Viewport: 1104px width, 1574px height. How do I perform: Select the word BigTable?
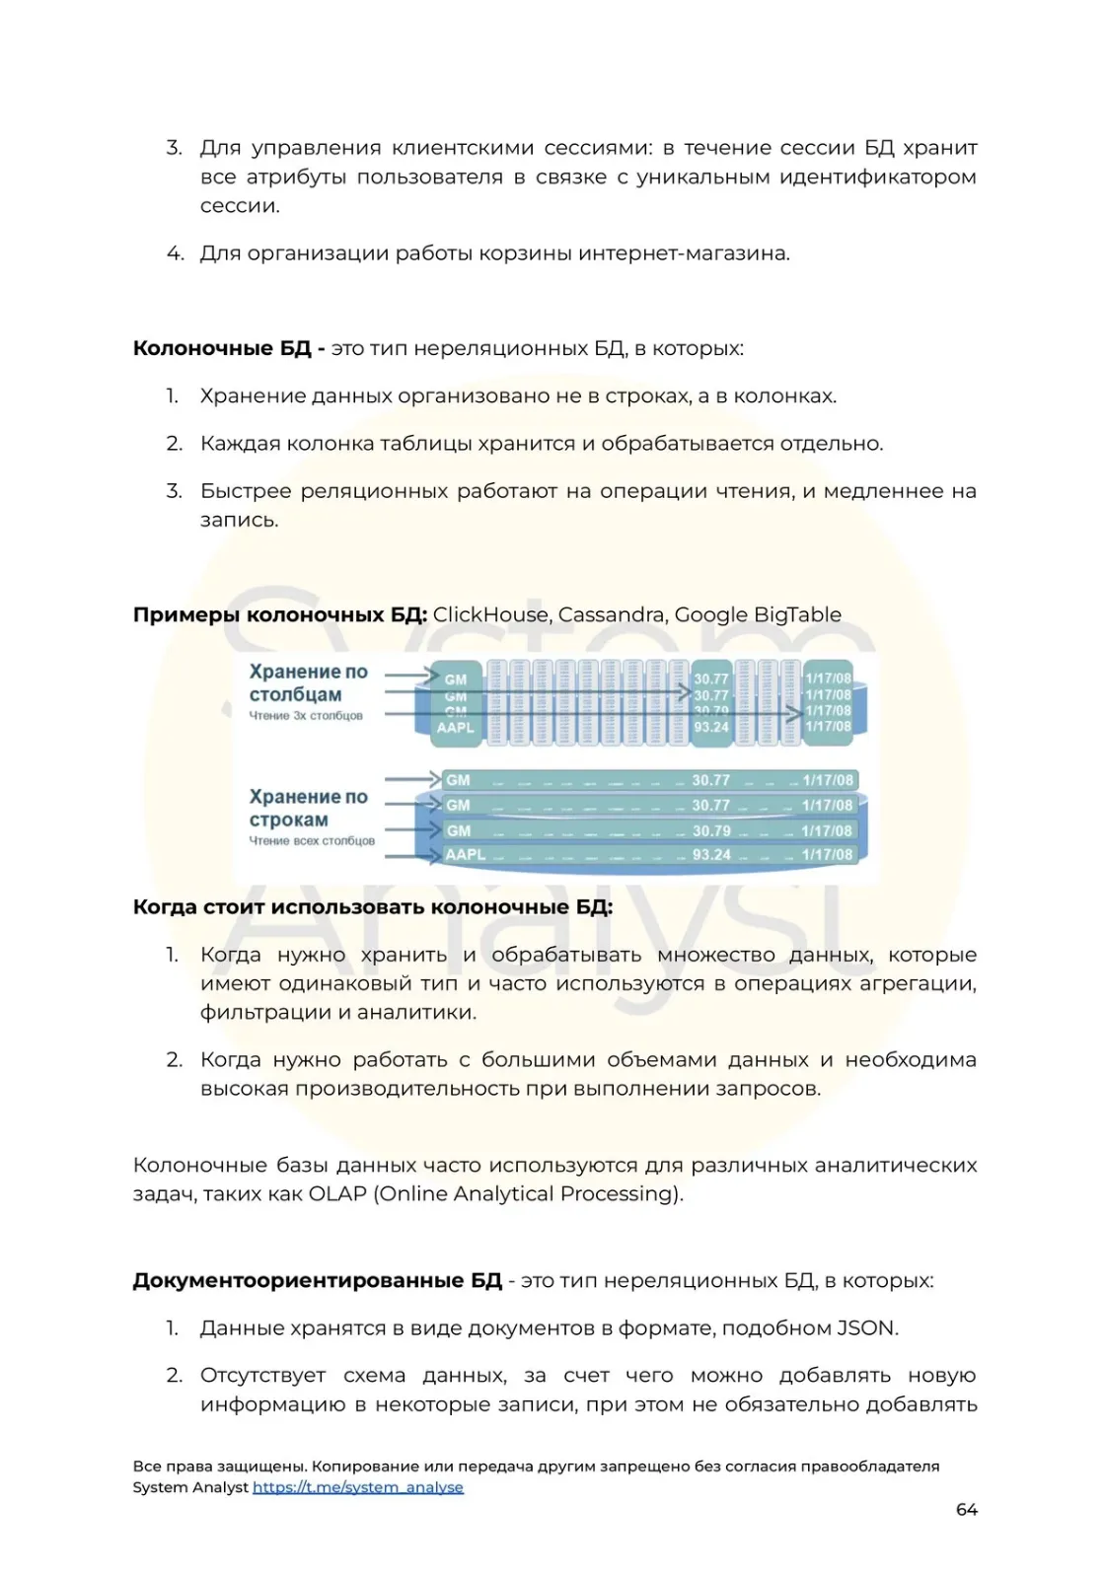pyautogui.click(x=797, y=614)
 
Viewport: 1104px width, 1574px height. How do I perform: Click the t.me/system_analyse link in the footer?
pyautogui.click(x=357, y=1487)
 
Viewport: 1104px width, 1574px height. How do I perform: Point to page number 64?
pyautogui.click(x=966, y=1509)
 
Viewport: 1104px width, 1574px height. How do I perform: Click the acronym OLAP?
pyautogui.click(x=337, y=1193)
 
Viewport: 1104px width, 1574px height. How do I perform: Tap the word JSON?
pyautogui.click(x=866, y=1327)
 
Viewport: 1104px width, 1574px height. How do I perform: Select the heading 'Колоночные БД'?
pyautogui.click(x=222, y=348)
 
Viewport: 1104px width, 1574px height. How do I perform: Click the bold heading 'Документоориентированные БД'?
pyautogui.click(x=317, y=1280)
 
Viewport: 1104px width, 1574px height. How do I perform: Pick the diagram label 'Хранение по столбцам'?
pyautogui.click(x=308, y=682)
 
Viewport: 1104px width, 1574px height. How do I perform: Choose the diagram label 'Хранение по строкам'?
pyautogui.click(x=308, y=808)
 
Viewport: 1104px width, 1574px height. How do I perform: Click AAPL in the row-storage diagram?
pyautogui.click(x=465, y=855)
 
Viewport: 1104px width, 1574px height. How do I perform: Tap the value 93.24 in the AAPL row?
pyautogui.click(x=711, y=855)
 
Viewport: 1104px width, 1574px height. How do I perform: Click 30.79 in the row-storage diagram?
pyautogui.click(x=711, y=830)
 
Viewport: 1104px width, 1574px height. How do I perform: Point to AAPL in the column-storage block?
pyautogui.click(x=455, y=728)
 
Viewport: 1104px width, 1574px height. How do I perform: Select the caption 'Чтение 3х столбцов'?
pyautogui.click(x=306, y=716)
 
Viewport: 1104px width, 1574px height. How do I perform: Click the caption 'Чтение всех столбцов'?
pyautogui.click(x=312, y=841)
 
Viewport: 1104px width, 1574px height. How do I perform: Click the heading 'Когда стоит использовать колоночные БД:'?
pyautogui.click(x=373, y=906)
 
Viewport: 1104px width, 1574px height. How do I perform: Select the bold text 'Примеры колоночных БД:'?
pyautogui.click(x=280, y=614)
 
